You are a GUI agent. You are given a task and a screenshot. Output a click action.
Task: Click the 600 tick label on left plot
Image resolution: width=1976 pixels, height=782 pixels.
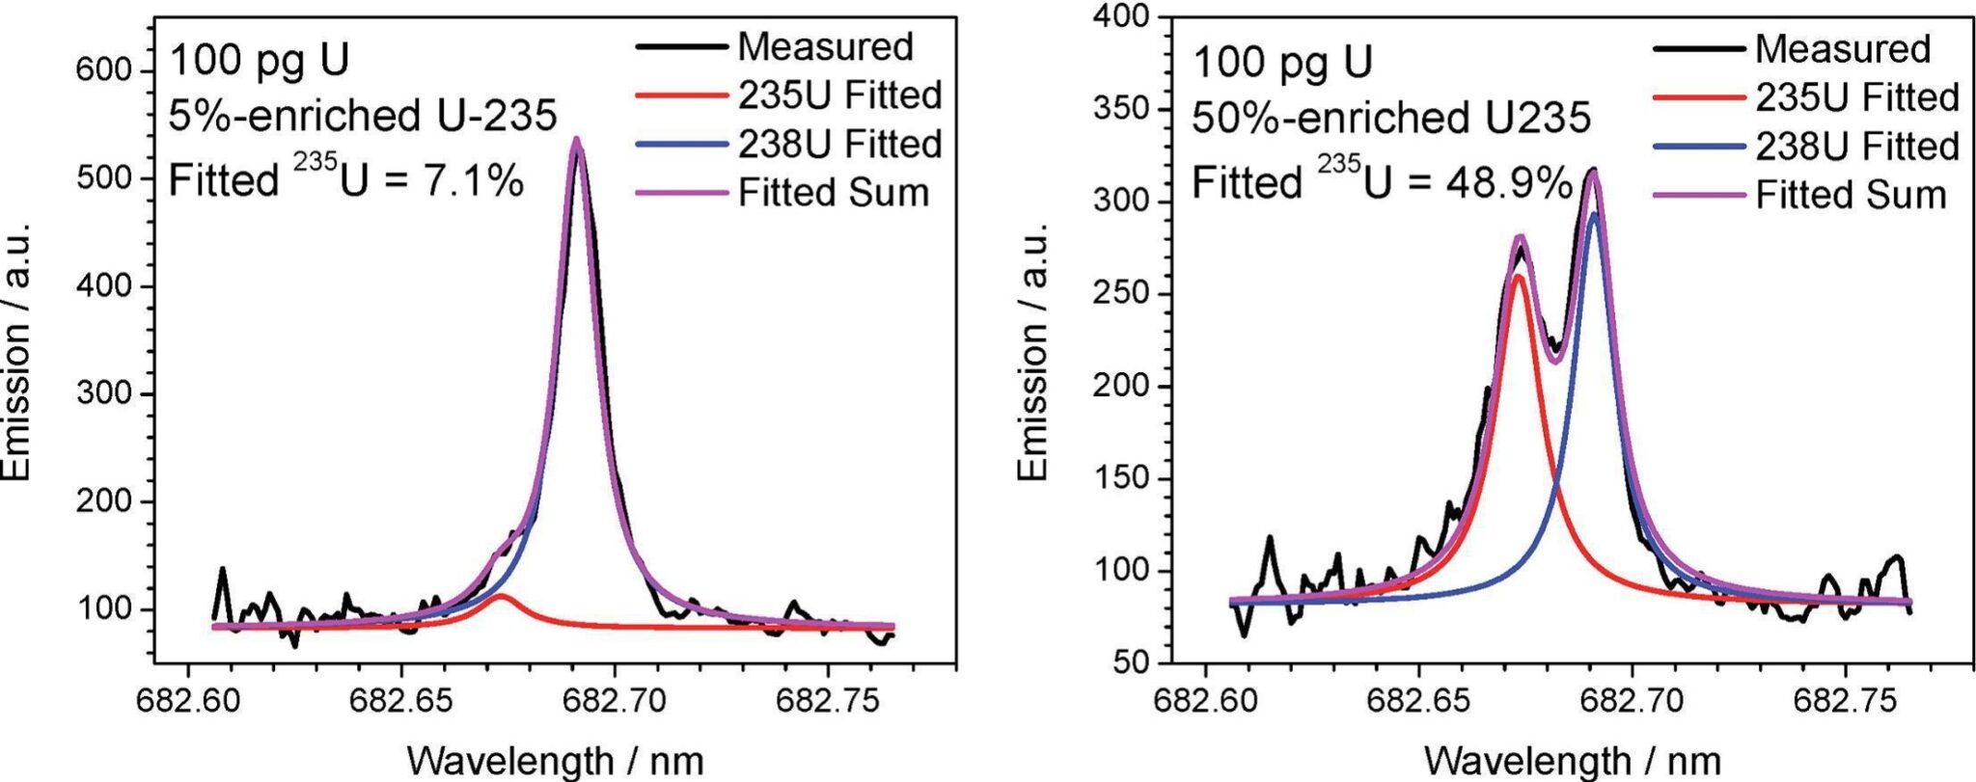107,71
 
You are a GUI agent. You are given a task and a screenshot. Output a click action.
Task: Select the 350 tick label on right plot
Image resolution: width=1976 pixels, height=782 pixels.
1124,109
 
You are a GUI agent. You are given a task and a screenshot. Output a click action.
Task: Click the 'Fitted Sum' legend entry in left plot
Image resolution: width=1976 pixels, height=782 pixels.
833,192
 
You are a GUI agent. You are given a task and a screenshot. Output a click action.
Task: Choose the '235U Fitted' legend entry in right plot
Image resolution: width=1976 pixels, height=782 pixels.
1856,97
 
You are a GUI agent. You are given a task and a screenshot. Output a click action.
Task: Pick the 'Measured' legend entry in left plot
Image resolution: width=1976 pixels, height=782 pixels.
825,46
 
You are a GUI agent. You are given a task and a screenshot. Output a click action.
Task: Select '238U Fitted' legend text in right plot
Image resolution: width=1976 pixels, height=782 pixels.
1856,147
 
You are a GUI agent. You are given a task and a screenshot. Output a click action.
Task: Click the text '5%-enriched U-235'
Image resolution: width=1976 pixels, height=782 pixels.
363,117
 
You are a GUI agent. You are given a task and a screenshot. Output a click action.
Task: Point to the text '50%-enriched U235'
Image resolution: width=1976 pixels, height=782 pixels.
1390,119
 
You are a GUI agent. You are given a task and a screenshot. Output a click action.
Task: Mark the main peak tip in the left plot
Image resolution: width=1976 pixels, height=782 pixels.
576,140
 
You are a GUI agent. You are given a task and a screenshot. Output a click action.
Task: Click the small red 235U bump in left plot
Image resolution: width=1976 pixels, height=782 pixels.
502,596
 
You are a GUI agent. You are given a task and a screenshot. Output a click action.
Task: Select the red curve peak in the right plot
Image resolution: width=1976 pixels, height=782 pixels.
1518,277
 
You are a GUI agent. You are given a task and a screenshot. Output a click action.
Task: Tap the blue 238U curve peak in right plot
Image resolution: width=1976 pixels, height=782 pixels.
1594,215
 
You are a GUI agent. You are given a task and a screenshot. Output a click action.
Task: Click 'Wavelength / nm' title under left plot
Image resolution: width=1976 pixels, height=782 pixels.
555,761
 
